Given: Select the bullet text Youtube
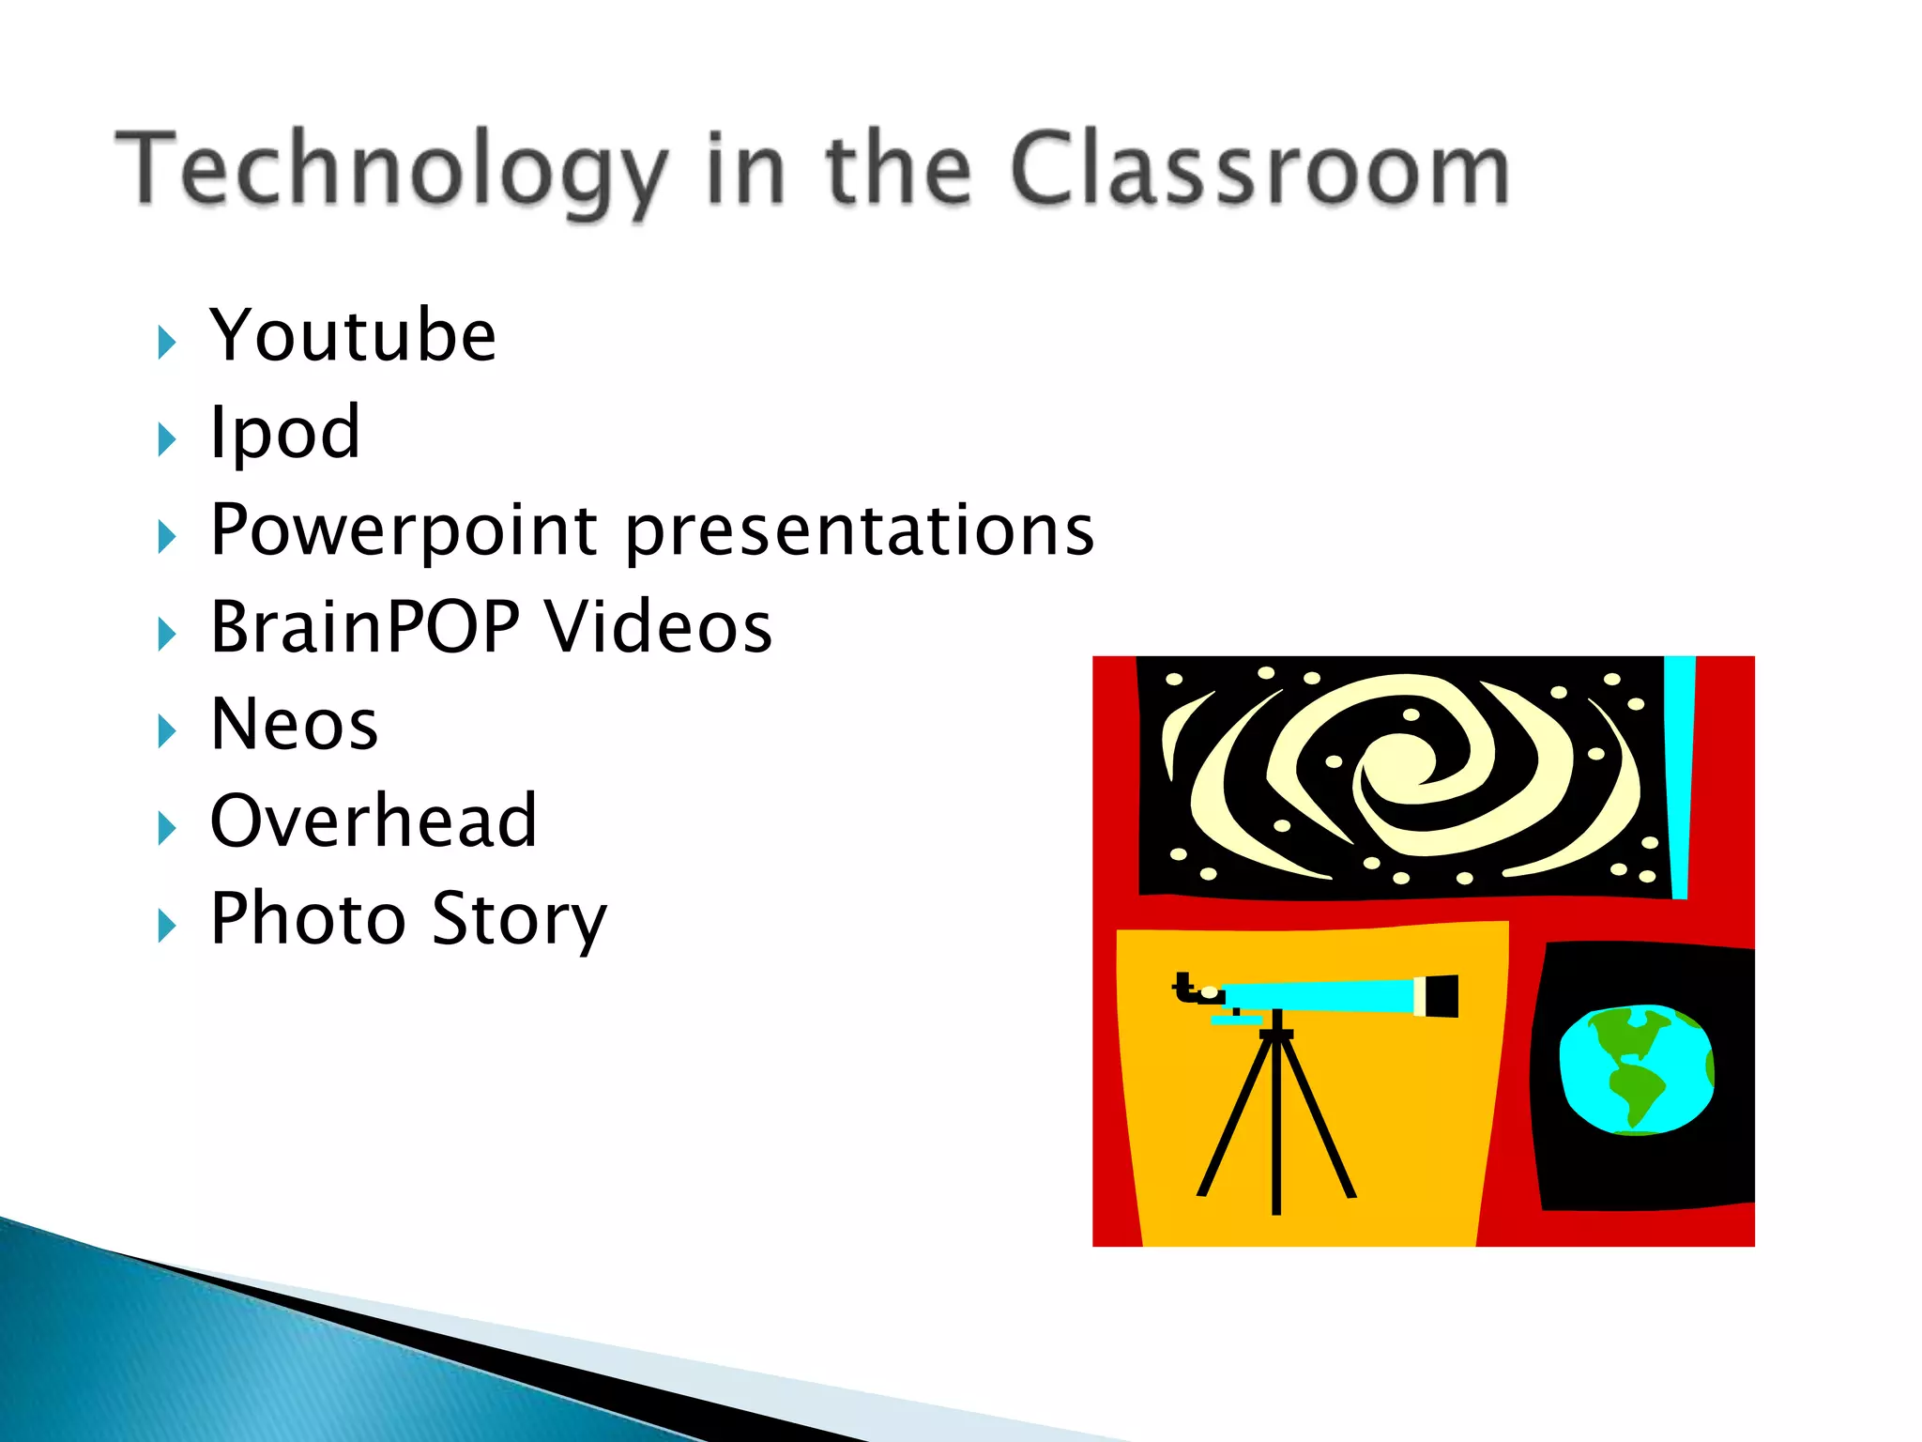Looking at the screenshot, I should [x=353, y=335].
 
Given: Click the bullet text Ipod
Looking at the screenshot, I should [x=285, y=433].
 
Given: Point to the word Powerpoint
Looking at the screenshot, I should [x=404, y=530].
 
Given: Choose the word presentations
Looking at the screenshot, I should [x=860, y=530].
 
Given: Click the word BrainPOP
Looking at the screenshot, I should [x=365, y=627].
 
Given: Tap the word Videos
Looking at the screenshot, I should [x=659, y=627].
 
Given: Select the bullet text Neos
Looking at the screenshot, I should [x=295, y=725].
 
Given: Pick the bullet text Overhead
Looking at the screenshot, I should [x=374, y=821].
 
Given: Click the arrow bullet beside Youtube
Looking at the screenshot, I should [x=167, y=343].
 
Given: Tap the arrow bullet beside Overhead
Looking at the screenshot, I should [x=167, y=828].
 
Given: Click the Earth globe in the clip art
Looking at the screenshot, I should [x=1636, y=1069].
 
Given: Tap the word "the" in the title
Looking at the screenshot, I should [x=898, y=169].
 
